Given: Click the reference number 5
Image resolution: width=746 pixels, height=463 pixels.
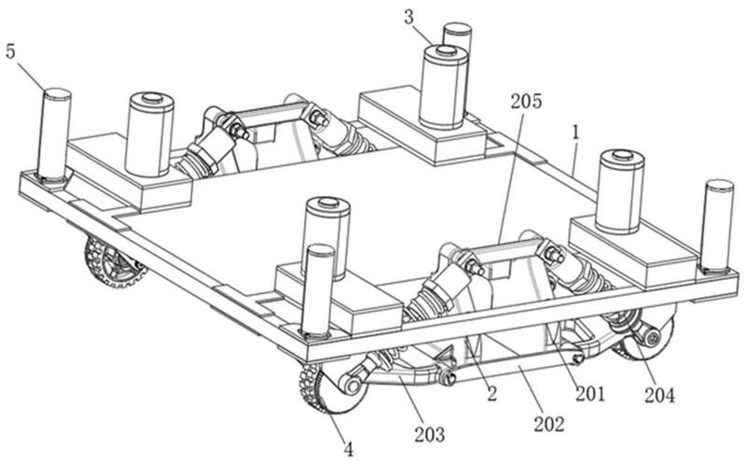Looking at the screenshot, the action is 10,52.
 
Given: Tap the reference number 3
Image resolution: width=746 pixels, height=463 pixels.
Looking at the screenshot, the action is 409,18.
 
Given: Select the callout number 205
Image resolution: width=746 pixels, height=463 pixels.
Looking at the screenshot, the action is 526,101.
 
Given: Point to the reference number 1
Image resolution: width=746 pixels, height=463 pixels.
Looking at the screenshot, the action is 576,133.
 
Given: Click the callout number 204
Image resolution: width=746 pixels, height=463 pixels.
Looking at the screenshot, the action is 660,395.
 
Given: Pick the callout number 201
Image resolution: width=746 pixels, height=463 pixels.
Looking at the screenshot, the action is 590,394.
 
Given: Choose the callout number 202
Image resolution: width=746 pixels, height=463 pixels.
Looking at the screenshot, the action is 549,424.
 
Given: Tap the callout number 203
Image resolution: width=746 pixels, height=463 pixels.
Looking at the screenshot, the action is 430,434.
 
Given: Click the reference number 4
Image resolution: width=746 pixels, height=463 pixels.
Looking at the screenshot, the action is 349,449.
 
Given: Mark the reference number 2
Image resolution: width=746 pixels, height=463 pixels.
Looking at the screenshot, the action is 492,394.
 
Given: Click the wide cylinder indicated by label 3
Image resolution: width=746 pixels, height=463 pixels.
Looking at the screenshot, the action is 444,87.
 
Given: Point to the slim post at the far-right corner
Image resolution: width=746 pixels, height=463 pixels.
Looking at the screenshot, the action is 717,226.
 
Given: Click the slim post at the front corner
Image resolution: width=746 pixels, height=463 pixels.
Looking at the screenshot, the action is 319,290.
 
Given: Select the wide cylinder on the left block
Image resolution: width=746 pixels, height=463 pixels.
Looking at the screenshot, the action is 149,134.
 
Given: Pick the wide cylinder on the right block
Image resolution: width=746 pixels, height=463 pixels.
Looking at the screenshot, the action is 620,191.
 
